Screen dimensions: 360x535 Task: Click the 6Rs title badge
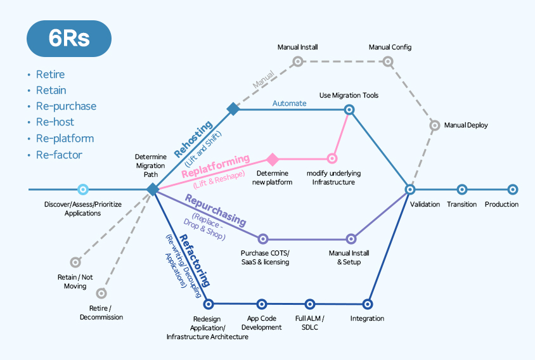point(69,39)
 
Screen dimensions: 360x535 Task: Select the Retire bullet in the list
point(50,74)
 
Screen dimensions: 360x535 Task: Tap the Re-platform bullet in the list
point(64,138)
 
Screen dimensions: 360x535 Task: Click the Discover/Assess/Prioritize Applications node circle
point(82,189)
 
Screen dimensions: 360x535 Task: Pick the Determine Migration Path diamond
point(153,189)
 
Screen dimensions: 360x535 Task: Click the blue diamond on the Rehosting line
point(233,109)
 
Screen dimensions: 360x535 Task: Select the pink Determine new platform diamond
point(273,159)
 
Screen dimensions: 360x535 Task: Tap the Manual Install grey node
point(297,61)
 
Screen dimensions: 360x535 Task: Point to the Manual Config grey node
point(388,61)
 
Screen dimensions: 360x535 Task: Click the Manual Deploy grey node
point(434,125)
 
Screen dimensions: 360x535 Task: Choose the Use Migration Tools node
point(349,110)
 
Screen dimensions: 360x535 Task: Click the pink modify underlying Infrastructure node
point(332,158)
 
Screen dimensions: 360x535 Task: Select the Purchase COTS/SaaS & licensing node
point(263,239)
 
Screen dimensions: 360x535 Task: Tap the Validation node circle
point(410,189)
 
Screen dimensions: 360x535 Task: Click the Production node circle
point(513,189)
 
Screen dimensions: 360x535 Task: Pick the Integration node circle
point(367,304)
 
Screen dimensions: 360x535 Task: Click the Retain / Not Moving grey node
point(75,262)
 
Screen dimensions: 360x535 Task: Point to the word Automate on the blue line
point(289,103)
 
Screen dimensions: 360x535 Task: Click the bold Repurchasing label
point(215,210)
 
